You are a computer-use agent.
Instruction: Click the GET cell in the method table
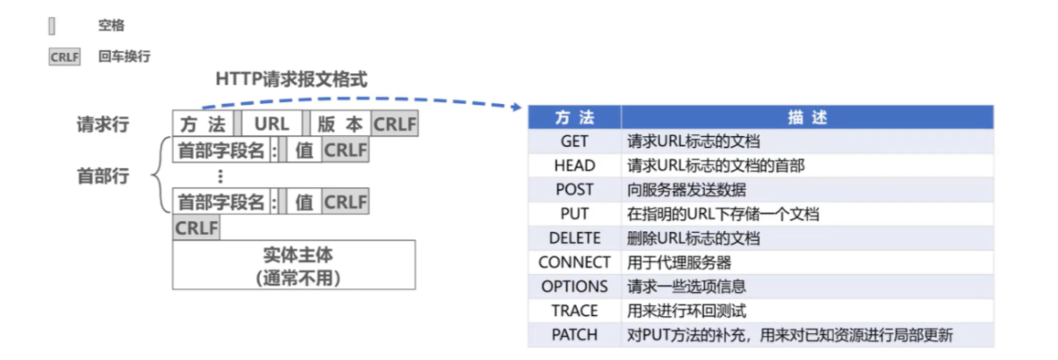click(573, 141)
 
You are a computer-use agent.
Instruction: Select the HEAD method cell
click(573, 166)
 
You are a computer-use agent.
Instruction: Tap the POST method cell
click(573, 190)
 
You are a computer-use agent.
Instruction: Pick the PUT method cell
click(573, 214)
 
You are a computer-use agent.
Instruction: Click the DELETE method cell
click(573, 238)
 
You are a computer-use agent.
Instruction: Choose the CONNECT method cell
click(573, 262)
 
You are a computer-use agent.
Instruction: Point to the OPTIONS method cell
click(573, 287)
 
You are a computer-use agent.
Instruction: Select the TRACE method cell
click(573, 311)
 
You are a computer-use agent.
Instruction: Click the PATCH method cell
click(573, 335)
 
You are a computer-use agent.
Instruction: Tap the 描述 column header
click(806, 117)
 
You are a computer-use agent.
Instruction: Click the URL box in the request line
click(271, 124)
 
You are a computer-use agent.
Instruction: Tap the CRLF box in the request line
click(394, 124)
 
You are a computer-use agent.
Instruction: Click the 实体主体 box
click(294, 265)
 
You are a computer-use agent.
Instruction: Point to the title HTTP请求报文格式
click(291, 79)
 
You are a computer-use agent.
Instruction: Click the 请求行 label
click(102, 124)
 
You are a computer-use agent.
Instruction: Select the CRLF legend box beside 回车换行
click(65, 56)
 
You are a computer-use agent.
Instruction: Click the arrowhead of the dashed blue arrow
click(516, 109)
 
